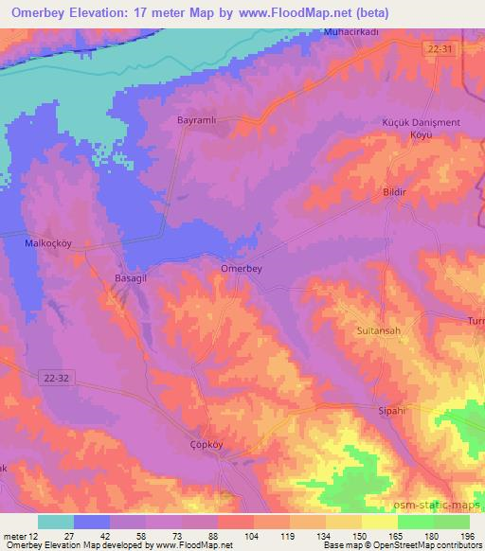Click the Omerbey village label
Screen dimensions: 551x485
[241, 268]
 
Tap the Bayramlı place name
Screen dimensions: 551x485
[198, 121]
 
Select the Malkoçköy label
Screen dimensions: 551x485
[47, 242]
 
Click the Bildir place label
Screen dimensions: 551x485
[394, 192]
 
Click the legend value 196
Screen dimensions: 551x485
[465, 536]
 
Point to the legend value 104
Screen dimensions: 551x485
[251, 536]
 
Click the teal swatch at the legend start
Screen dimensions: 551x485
[56, 522]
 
